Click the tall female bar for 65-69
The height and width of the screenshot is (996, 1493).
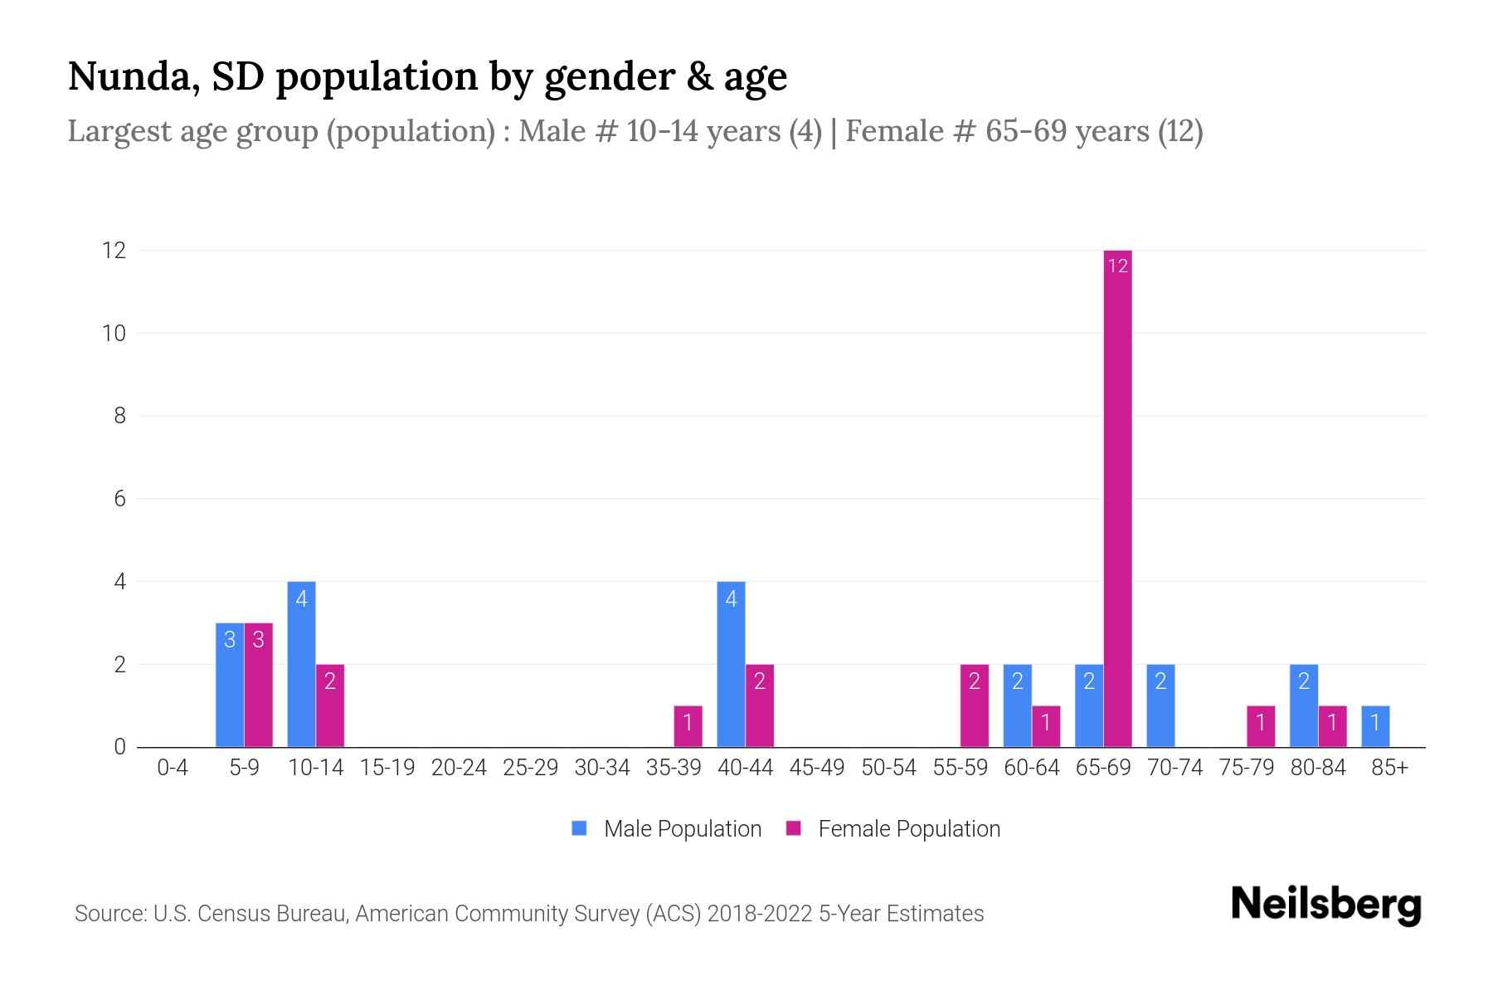click(x=1117, y=498)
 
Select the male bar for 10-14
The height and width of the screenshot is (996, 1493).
click(x=301, y=664)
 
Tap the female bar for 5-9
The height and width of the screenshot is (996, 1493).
click(x=258, y=685)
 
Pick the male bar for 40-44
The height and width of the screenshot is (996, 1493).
click(x=731, y=664)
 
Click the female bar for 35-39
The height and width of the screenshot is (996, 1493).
click(x=688, y=726)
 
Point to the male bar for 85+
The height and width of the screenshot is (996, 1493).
click(x=1375, y=726)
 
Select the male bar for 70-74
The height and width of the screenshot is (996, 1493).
click(x=1160, y=705)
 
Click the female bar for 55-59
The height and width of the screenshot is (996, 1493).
click(x=975, y=705)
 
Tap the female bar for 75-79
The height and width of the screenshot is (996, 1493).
click(x=1261, y=726)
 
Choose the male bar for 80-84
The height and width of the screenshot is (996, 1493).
click(x=1304, y=705)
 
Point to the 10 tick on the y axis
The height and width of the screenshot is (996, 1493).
click(x=114, y=334)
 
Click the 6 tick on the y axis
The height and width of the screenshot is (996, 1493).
click(x=119, y=499)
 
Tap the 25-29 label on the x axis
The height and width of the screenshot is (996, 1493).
click(x=531, y=768)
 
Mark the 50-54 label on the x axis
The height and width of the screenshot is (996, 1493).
click(x=888, y=768)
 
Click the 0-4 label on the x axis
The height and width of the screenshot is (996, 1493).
click(x=173, y=768)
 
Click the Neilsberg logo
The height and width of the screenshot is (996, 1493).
click(x=1325, y=904)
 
